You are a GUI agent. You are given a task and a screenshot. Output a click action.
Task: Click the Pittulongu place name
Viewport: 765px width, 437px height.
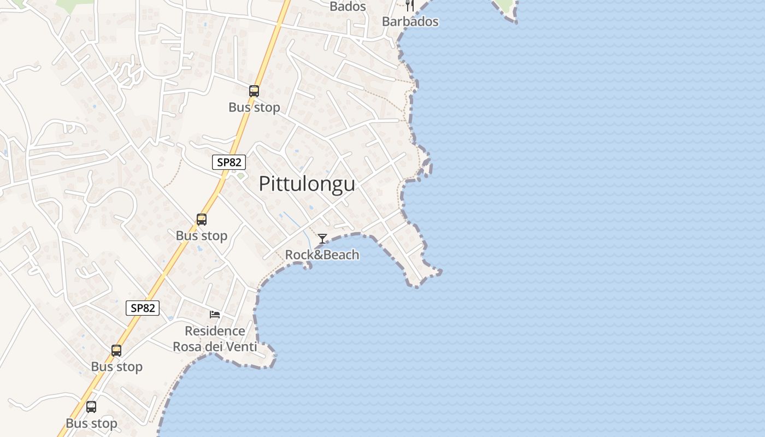[x=307, y=184]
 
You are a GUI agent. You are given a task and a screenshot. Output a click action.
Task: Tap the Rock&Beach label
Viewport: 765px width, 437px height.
[x=322, y=255]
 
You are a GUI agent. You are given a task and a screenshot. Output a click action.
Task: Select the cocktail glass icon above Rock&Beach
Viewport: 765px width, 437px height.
[x=322, y=239]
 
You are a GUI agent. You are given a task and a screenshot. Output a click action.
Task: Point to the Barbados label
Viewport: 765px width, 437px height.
[x=410, y=22]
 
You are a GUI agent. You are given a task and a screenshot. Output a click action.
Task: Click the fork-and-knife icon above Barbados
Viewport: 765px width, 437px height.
[x=410, y=5]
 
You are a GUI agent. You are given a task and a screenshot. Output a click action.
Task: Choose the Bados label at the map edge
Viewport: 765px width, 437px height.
[x=348, y=7]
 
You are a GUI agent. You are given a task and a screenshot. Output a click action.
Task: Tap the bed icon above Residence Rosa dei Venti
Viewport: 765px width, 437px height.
[x=215, y=315]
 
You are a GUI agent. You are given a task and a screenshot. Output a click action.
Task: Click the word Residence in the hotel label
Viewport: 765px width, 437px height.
[x=215, y=331]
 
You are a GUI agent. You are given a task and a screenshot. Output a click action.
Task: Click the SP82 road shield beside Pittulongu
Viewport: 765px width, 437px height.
[x=229, y=162]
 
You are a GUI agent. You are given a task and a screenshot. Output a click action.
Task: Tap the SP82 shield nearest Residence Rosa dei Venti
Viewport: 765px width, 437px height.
[x=143, y=308]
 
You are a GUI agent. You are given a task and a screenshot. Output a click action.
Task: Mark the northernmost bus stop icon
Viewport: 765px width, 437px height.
[x=254, y=91]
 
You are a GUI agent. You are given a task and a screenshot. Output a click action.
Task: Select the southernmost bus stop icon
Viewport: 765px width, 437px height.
[x=91, y=407]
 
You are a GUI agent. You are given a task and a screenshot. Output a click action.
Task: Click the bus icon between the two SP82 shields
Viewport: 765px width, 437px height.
[x=202, y=220]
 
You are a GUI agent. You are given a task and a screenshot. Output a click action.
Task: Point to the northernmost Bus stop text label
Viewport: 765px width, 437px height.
[x=254, y=107]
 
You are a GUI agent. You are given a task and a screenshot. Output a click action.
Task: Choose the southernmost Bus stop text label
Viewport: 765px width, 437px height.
[x=91, y=423]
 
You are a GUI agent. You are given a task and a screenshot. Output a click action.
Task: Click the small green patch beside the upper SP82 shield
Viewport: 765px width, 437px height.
[x=240, y=176]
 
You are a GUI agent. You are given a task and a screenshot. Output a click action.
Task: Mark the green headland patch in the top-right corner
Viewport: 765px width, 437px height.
[x=505, y=6]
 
